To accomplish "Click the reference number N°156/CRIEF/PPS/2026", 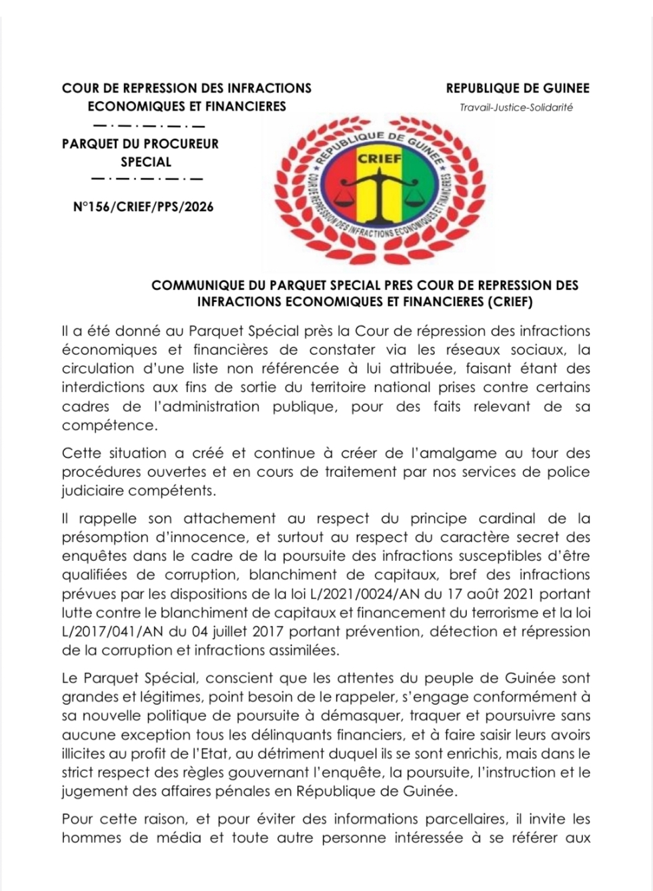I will (x=143, y=207).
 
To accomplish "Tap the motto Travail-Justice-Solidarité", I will (x=516, y=107).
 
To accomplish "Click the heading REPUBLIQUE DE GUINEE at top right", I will (x=518, y=88).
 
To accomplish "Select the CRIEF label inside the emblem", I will (x=380, y=159).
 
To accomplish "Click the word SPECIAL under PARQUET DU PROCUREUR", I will (x=146, y=162).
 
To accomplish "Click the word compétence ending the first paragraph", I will (x=107, y=425).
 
